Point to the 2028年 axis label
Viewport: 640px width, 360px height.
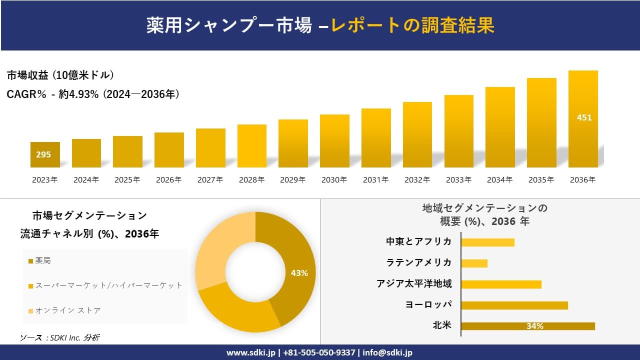[x=251, y=180]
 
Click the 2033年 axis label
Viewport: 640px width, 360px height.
[x=458, y=180]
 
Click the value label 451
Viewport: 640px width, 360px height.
[x=584, y=118]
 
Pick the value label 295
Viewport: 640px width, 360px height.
[x=43, y=155]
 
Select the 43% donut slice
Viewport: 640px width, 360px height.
[x=295, y=270]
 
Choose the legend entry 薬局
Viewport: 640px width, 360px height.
[x=43, y=260]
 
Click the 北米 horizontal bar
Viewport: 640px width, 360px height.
[x=528, y=326]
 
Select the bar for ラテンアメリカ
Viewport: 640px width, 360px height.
[x=474, y=263]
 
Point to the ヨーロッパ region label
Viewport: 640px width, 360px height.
[x=429, y=304]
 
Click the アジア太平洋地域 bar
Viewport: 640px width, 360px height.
[x=501, y=284]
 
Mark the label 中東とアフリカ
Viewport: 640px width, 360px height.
[x=419, y=241]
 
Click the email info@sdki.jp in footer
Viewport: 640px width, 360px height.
[x=387, y=352]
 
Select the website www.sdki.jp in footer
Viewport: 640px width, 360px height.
[x=250, y=352]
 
